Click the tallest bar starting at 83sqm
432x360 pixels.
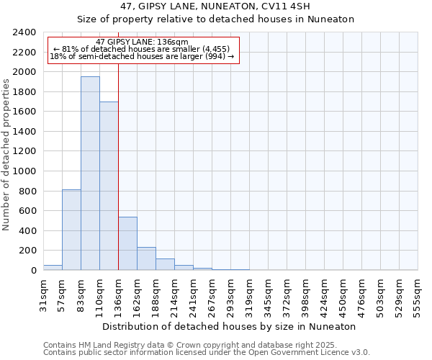point(90,173)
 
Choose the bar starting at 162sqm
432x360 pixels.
point(146,258)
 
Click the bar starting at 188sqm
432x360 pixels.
point(165,264)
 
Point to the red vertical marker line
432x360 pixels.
point(118,166)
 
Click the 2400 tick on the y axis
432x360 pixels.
point(24,32)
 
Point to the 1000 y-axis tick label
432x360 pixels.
point(24,171)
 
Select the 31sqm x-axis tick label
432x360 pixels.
point(43,294)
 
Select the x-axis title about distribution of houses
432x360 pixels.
point(229,326)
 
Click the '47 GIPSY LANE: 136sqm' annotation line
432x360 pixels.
point(142,42)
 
